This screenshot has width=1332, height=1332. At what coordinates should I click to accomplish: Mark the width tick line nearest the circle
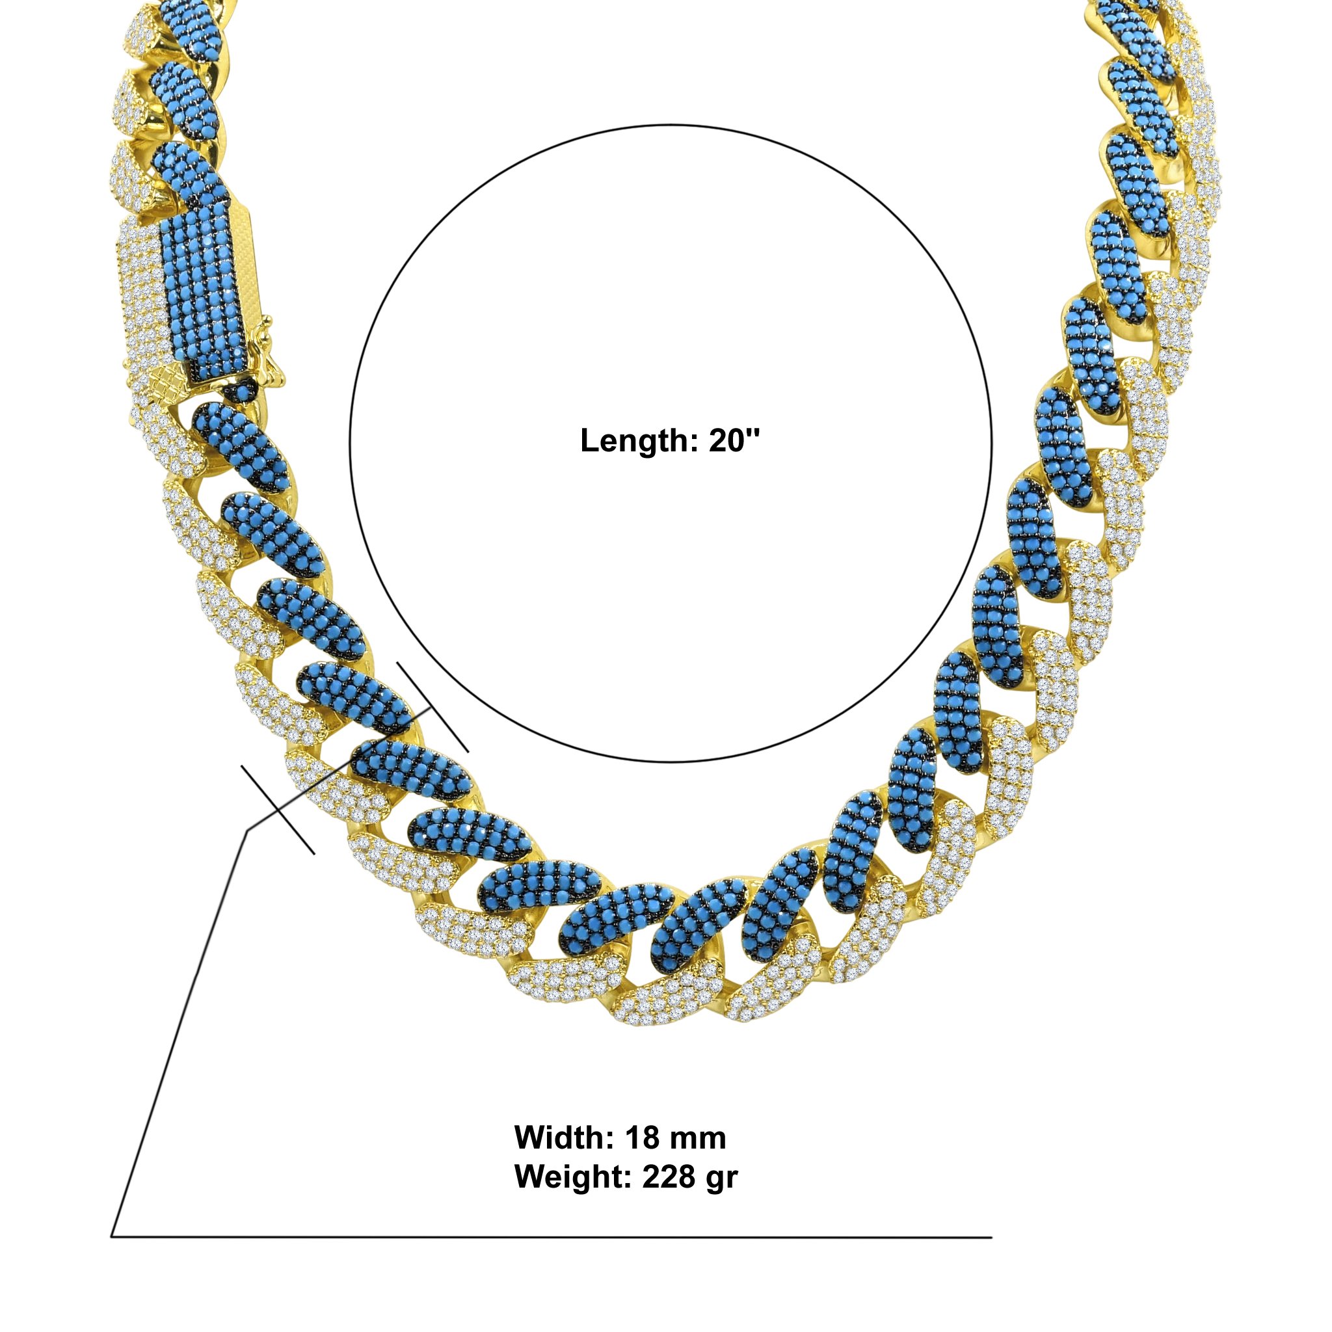pos(433,707)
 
